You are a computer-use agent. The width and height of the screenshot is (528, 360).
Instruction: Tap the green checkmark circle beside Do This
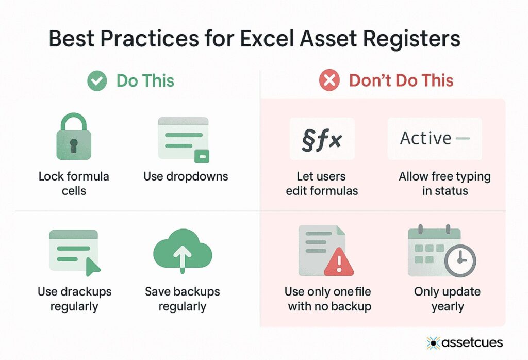click(x=97, y=81)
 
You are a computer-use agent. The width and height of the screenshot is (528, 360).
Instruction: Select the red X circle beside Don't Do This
click(x=329, y=81)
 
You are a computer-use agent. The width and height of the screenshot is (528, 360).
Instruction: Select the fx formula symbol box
click(x=322, y=139)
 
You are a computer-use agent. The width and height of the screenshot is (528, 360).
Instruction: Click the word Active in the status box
click(x=426, y=138)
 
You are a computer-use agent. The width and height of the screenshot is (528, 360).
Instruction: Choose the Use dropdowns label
click(x=186, y=176)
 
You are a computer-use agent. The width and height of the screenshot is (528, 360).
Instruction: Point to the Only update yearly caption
click(x=447, y=299)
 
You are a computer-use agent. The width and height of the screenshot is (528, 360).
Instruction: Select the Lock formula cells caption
click(x=74, y=183)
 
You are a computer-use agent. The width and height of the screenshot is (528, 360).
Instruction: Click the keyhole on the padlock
click(x=73, y=145)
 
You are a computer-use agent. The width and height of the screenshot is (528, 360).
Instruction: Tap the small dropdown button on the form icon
click(x=201, y=156)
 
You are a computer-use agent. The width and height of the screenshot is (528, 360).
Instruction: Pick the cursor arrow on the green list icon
click(x=92, y=266)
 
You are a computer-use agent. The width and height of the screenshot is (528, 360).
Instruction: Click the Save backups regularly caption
click(x=183, y=299)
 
